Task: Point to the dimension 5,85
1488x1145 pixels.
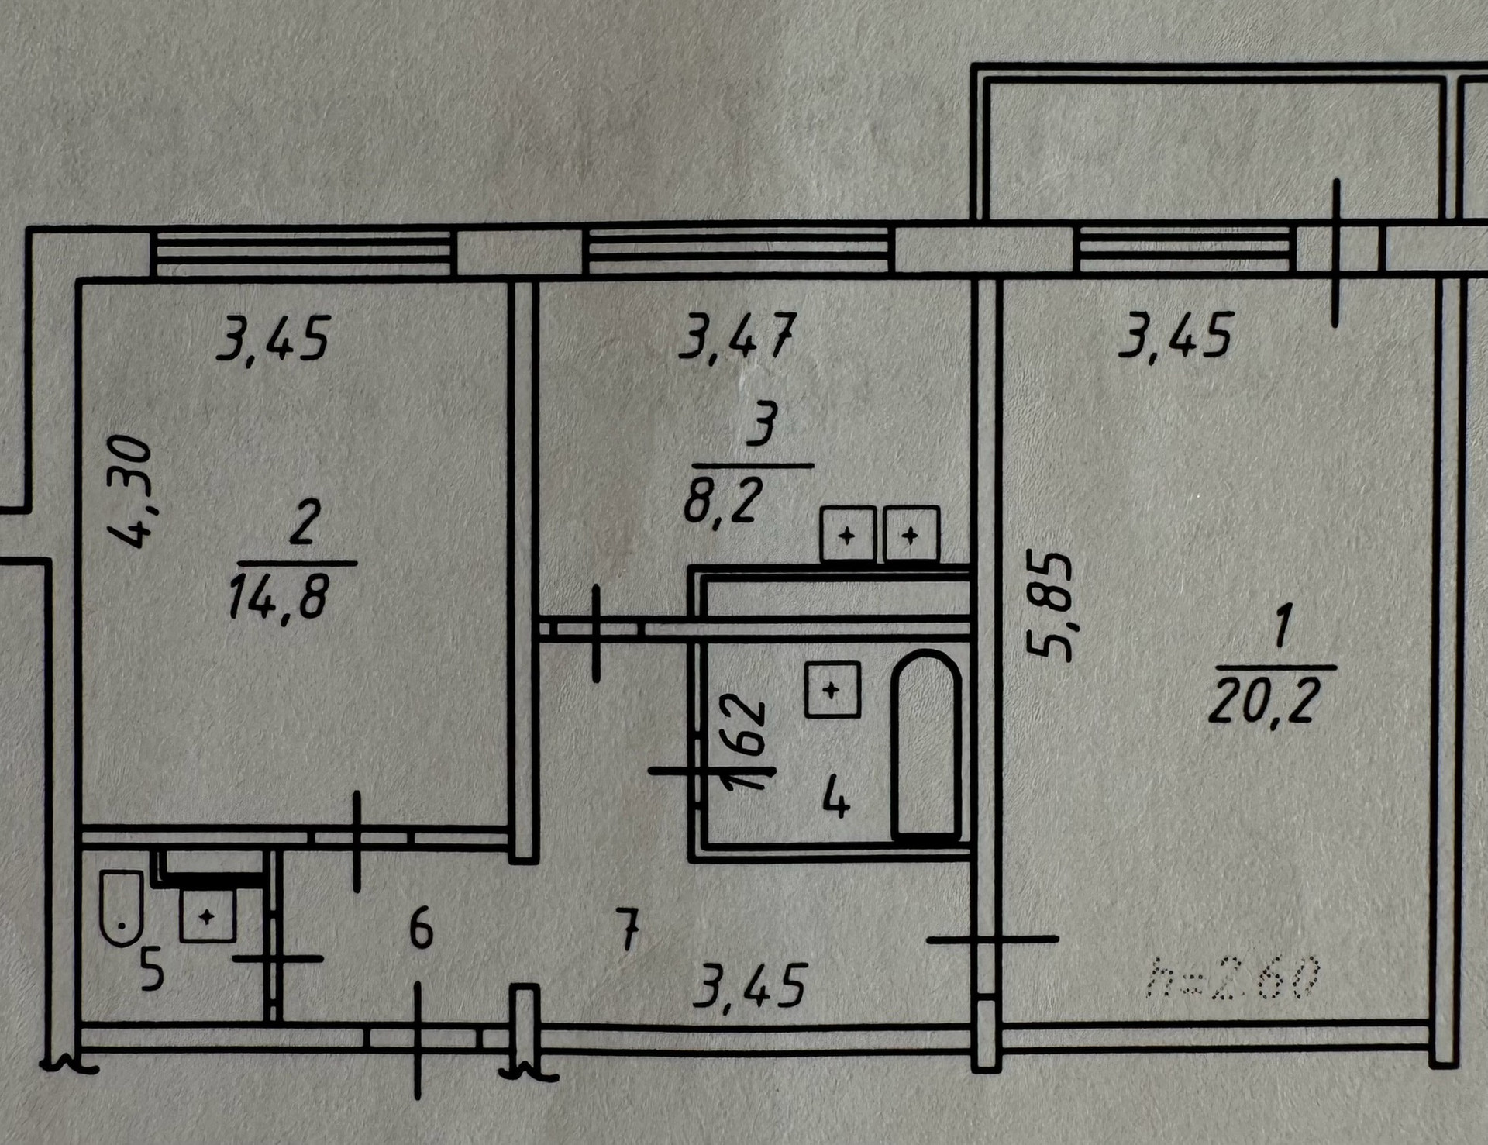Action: click(x=1050, y=605)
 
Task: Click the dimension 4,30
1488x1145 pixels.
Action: click(x=129, y=491)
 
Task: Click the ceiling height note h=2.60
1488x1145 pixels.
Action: click(x=1234, y=977)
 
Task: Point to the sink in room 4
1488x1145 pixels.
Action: click(x=832, y=689)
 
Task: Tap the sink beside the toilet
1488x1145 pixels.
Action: click(x=207, y=916)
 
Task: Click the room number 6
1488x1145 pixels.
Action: click(x=420, y=928)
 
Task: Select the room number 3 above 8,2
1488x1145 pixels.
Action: click(x=762, y=426)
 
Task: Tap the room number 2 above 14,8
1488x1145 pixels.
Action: click(x=304, y=522)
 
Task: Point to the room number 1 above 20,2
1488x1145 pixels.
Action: click(x=1283, y=627)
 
